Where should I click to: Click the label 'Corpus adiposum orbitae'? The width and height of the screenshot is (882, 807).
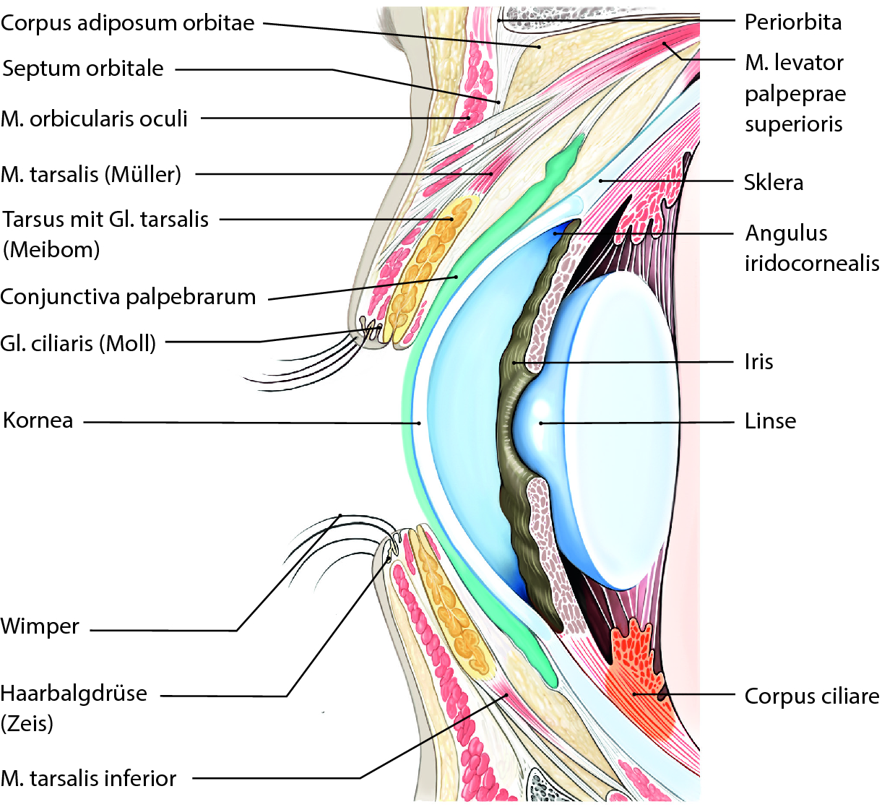(127, 23)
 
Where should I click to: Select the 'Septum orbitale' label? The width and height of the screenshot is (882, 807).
(83, 69)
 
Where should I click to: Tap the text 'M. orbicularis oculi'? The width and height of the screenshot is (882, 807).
(94, 118)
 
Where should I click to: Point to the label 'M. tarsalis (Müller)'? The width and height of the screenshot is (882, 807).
(91, 174)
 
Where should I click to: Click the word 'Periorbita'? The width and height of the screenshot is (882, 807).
(793, 22)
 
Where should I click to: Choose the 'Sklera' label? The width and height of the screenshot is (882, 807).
(773, 182)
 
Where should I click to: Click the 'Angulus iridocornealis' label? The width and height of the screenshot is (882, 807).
(811, 248)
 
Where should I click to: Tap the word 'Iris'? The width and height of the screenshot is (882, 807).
(758, 361)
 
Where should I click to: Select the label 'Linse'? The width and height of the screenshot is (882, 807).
(770, 420)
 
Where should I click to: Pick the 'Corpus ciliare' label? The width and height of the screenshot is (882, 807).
(811, 696)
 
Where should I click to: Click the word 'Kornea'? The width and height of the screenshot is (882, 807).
(38, 420)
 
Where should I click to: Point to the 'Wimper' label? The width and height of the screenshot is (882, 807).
(40, 626)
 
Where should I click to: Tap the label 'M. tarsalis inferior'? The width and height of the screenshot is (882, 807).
(88, 778)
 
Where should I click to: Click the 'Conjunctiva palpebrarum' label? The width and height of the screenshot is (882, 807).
(128, 297)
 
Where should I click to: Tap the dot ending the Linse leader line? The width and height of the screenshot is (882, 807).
(540, 423)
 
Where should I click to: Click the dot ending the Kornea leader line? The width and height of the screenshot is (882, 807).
(418, 423)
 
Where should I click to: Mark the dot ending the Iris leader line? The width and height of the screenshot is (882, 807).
(514, 362)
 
